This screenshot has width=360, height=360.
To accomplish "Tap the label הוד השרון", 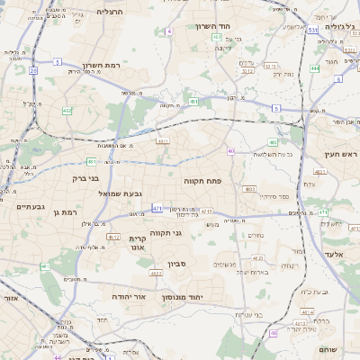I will [215, 26].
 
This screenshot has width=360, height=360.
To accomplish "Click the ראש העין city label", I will [342, 155].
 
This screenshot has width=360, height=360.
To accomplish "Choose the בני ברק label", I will [85, 178].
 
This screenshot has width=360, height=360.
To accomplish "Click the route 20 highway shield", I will [33, 69].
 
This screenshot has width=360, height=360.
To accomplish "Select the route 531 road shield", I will [312, 31].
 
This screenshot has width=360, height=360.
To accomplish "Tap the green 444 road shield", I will [315, 68].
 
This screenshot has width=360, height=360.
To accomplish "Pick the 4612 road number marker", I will [113, 238].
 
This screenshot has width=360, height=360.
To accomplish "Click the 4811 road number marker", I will [163, 141].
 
